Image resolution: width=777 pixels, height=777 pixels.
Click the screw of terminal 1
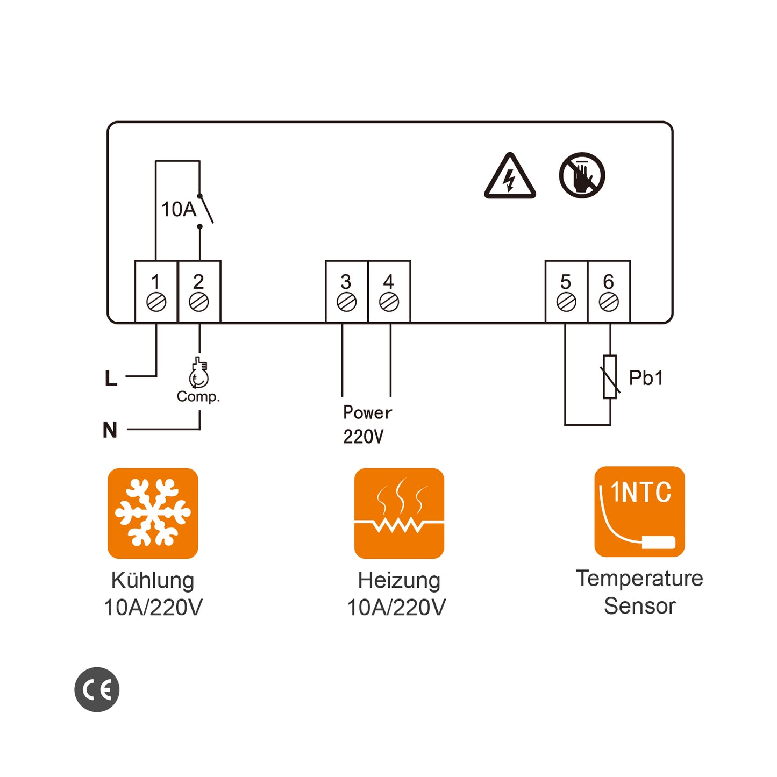coord(156,302)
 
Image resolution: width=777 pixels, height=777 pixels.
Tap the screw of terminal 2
coord(199,302)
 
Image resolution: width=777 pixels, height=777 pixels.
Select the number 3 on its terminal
coord(346,281)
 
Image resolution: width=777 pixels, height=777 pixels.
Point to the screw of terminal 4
coord(389,302)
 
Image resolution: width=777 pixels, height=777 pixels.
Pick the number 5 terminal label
coord(566,281)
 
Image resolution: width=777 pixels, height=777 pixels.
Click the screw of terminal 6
coord(609,302)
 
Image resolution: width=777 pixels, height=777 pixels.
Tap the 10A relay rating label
coord(179,209)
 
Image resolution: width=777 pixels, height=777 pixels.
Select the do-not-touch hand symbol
coord(582,175)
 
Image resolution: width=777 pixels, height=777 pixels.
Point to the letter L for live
coord(111,379)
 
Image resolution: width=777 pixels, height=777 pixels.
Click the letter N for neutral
coord(110,430)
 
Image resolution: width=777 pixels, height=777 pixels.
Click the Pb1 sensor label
coord(646,378)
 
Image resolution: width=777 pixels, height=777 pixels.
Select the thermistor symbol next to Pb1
coord(610,376)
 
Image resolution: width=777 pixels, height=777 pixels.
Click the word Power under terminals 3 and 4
coord(367,412)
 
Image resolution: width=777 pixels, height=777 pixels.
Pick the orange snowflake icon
coord(153,513)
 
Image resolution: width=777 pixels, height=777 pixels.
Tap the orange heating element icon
coord(399,513)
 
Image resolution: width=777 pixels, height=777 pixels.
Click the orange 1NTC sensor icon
coord(639,511)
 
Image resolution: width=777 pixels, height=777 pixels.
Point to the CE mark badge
coord(97,689)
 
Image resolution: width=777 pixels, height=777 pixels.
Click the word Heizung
coord(399,581)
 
